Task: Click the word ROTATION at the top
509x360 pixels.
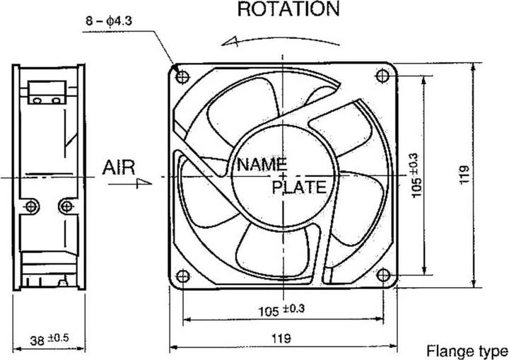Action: (x=288, y=9)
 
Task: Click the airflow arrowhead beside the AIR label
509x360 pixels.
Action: (x=144, y=182)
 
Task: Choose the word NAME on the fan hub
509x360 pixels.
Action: (x=262, y=165)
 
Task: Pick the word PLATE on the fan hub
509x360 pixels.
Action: (x=299, y=187)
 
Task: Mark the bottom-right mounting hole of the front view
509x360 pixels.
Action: (x=383, y=274)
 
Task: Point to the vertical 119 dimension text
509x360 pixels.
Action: (x=464, y=174)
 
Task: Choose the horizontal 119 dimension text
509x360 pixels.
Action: (x=281, y=338)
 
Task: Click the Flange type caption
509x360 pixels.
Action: (x=467, y=351)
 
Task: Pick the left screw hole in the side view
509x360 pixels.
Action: (x=30, y=206)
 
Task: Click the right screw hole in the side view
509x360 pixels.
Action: (x=66, y=206)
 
